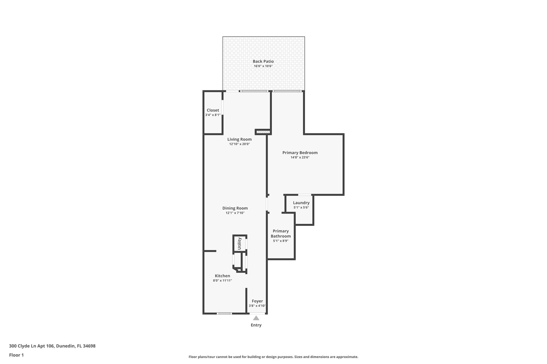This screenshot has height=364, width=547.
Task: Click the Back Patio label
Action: click(263, 61)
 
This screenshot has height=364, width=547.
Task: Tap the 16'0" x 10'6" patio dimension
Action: click(263, 66)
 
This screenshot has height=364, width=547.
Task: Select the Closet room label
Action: click(213, 110)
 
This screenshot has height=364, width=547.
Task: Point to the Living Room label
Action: click(239, 139)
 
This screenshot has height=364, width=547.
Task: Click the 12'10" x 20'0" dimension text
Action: click(239, 144)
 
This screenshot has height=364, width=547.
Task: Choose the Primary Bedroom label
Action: click(300, 153)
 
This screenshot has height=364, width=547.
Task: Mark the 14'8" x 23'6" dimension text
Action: click(300, 157)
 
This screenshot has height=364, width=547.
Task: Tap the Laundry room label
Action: click(301, 203)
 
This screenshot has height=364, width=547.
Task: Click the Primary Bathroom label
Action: click(280, 234)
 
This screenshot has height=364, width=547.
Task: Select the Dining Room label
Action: click(235, 208)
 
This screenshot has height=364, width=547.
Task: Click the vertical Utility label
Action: click(239, 243)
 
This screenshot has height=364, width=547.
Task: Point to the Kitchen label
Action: click(222, 276)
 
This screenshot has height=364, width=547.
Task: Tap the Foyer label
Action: click(257, 301)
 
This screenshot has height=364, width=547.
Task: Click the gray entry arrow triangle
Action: click(256, 318)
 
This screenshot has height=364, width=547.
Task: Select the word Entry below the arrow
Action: click(256, 325)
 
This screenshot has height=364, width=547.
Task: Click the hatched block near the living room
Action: click(263, 131)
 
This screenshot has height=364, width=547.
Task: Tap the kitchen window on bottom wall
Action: click(224, 313)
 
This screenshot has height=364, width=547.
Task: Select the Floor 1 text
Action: click(16, 355)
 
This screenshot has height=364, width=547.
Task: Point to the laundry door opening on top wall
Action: click(304, 195)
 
